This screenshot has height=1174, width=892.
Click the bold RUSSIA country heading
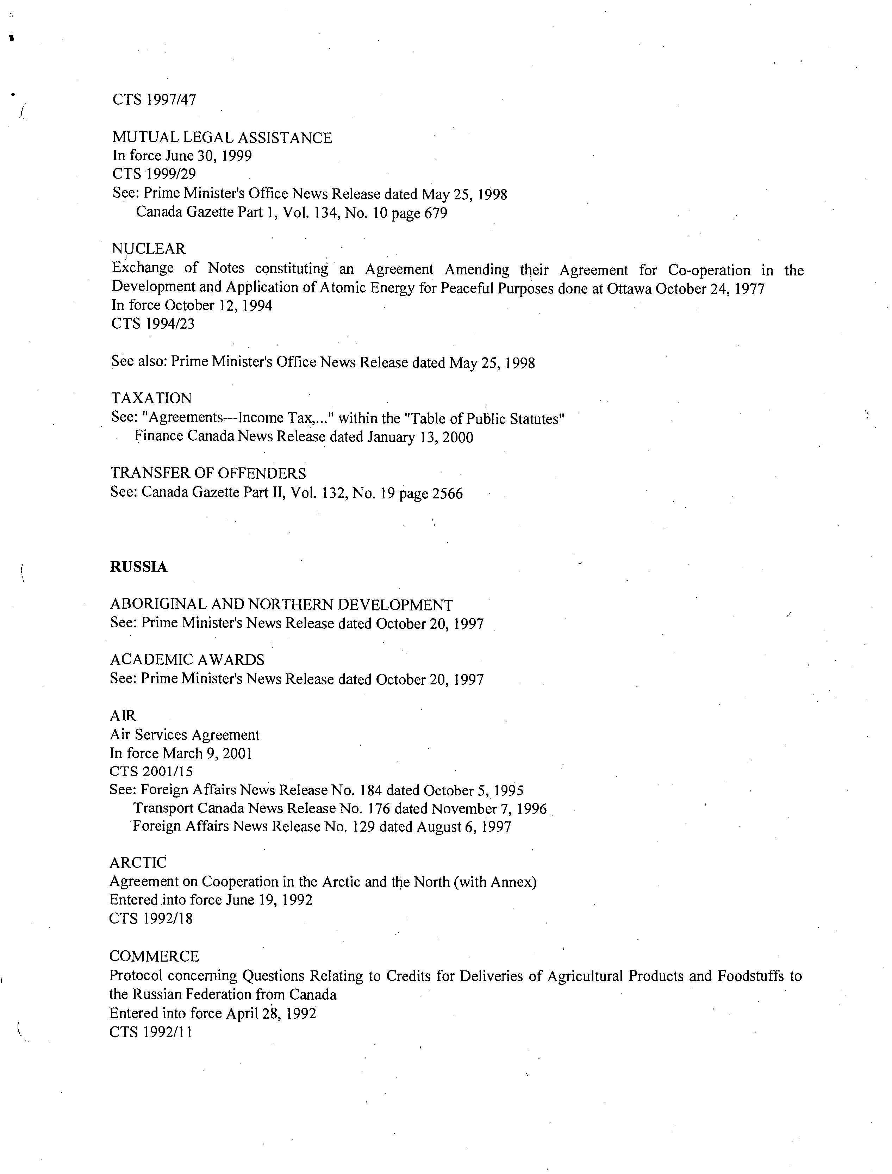[x=139, y=567]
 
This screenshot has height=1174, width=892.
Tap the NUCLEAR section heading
[x=149, y=248]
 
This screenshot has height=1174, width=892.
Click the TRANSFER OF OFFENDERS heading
[x=208, y=473]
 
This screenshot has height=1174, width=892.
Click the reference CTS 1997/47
[x=154, y=99]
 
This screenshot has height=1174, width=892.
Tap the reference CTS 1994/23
[x=153, y=323]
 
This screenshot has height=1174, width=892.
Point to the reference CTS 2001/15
[x=151, y=771]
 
